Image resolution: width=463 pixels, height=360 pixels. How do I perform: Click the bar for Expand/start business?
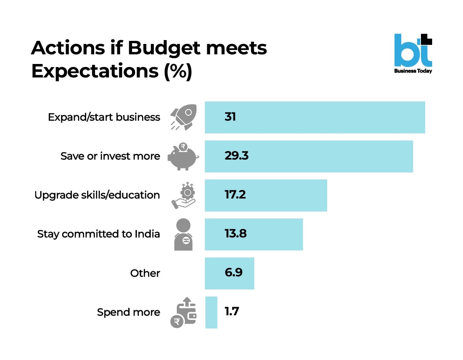click(314, 117)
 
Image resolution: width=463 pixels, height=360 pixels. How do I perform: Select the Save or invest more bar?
click(309, 156)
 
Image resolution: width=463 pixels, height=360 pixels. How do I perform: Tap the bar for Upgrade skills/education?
click(266, 195)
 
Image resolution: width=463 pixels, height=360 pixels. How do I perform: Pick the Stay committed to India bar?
click(253, 234)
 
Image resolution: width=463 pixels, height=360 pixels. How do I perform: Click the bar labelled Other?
click(229, 273)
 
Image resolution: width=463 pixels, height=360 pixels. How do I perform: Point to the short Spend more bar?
click(211, 312)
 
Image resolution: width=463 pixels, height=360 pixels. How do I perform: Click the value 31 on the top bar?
click(230, 117)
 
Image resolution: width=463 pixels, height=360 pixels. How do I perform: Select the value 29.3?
click(236, 156)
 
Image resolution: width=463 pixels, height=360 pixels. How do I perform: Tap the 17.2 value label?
click(235, 195)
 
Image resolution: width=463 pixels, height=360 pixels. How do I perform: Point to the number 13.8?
click(235, 234)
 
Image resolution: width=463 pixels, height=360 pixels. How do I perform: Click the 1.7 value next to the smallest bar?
click(232, 312)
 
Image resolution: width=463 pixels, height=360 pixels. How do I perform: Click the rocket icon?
click(184, 117)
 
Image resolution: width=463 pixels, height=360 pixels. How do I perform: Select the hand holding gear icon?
click(183, 195)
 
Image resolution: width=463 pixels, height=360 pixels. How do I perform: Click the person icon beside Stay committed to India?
click(183, 234)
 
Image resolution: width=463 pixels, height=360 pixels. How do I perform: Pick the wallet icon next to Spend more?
click(184, 312)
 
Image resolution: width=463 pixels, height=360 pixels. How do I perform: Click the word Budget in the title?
click(164, 48)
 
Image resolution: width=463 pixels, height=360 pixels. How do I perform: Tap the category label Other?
click(145, 273)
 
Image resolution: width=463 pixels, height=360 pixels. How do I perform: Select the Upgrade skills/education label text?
click(97, 195)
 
